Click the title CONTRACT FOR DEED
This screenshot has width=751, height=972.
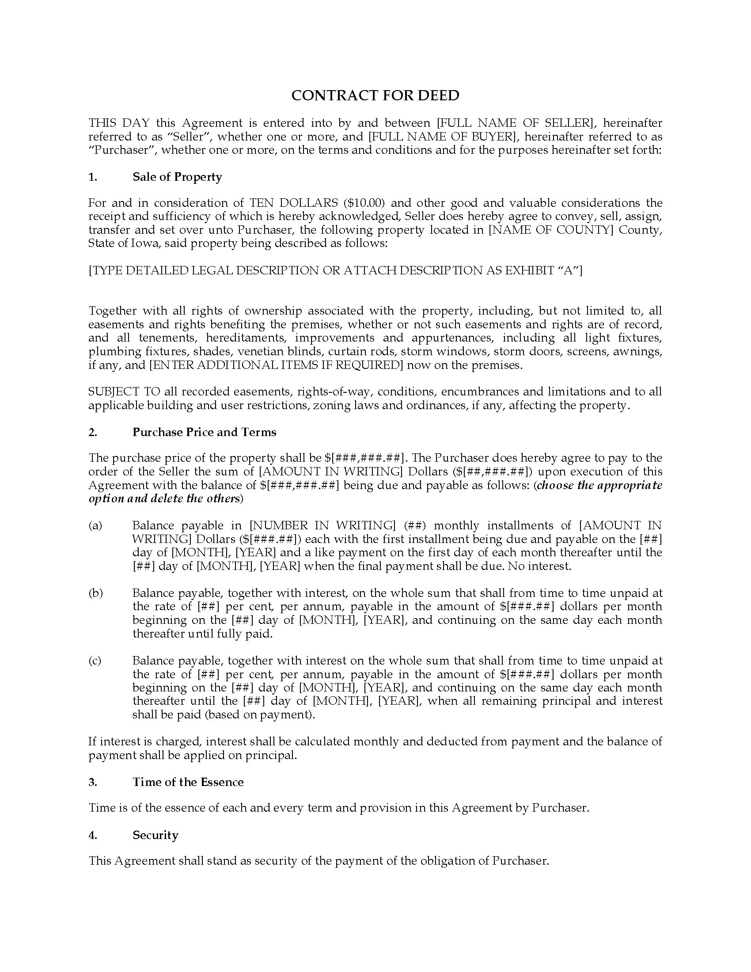(375, 96)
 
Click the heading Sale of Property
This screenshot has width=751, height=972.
(177, 177)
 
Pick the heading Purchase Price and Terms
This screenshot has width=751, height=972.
(204, 432)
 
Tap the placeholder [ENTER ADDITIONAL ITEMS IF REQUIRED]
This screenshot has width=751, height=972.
(276, 365)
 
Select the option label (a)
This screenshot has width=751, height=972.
(95, 526)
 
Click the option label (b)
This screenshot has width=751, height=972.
(96, 593)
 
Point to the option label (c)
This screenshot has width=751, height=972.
(95, 661)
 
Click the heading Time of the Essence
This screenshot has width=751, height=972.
(188, 782)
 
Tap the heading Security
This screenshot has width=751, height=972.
(155, 835)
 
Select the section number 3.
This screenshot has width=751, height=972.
(92, 782)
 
